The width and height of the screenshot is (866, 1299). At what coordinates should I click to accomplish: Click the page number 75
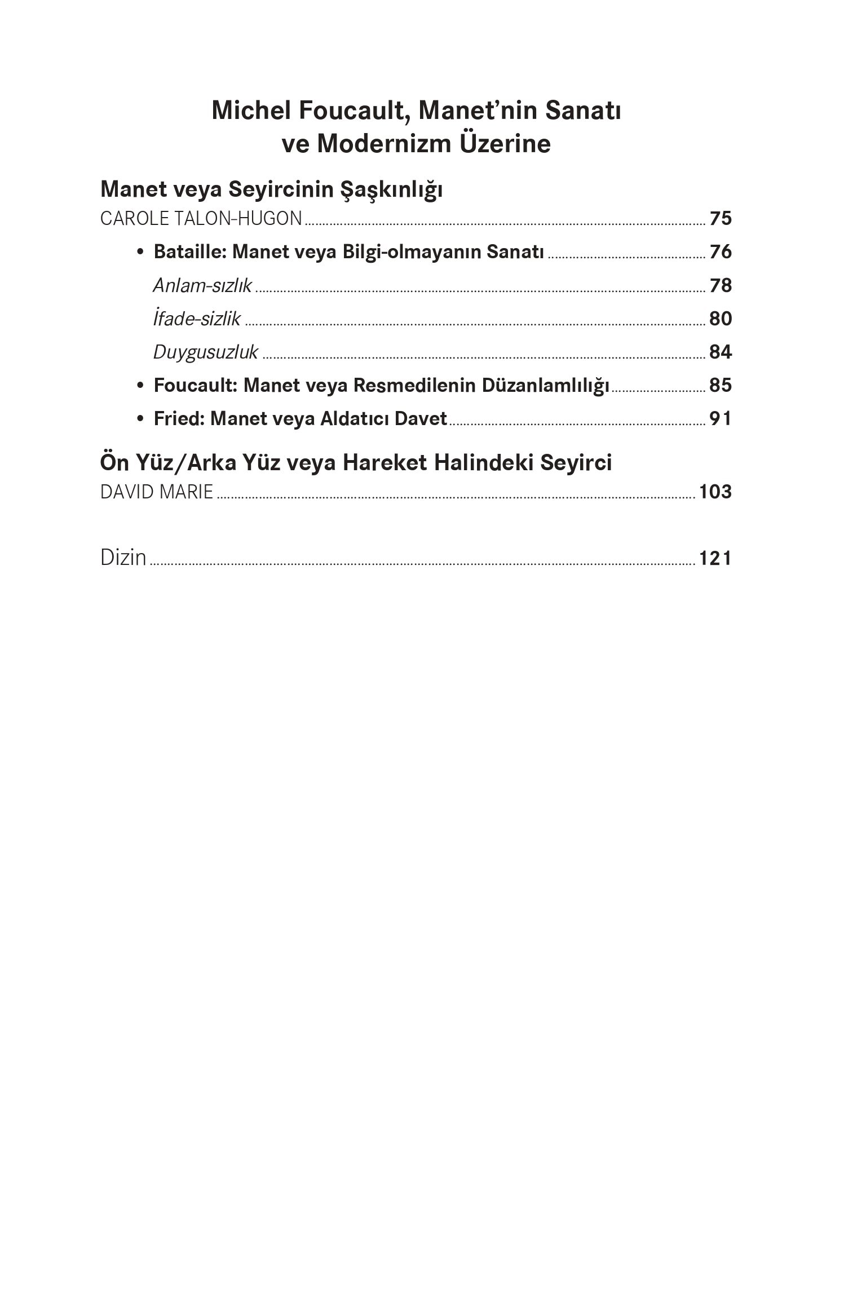tap(720, 218)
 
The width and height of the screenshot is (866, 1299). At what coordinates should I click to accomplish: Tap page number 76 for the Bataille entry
tap(720, 251)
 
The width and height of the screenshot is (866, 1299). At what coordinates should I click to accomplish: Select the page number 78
tap(720, 285)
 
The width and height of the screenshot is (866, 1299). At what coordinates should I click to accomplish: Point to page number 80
tap(720, 319)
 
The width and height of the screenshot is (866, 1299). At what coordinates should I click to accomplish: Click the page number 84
tap(720, 352)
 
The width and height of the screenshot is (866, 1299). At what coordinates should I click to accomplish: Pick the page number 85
tap(720, 385)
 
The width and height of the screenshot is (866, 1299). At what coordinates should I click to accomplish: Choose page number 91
tap(720, 418)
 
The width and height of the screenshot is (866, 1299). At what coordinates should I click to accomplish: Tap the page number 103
tap(715, 492)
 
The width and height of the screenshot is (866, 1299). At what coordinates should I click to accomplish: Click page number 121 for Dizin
tap(715, 558)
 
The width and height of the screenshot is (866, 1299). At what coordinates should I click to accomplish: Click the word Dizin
tap(123, 558)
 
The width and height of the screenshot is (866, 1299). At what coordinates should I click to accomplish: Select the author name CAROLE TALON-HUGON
tap(201, 218)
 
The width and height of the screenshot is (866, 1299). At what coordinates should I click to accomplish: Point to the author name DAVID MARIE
tap(157, 492)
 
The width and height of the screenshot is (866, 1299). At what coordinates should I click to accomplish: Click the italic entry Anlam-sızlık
tap(202, 285)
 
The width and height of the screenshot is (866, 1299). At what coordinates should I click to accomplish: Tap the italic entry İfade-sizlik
tap(197, 319)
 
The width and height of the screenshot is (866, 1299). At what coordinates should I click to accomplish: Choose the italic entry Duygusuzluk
tap(205, 352)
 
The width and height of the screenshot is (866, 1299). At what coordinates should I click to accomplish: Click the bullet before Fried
tap(140, 419)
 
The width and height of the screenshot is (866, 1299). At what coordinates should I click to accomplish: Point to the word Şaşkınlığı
tap(391, 190)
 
